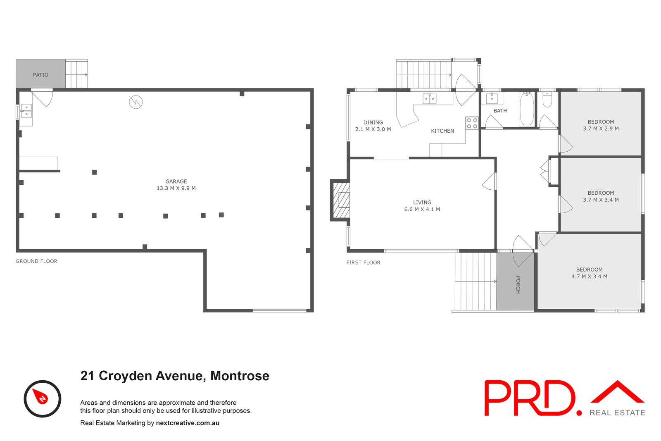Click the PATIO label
[40, 75]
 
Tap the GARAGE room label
[176, 181]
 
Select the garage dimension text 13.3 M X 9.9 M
[176, 188]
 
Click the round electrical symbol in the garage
[136, 102]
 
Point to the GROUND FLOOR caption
[36, 261]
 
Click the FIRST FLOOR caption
[363, 262]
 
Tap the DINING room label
[373, 122]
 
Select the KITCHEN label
[442, 131]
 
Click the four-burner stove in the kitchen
[472, 123]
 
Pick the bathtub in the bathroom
[526, 109]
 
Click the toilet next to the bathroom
[547, 100]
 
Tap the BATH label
[500, 111]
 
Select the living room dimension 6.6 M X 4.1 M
[422, 210]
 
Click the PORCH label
[518, 284]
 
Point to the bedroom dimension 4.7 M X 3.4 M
[589, 277]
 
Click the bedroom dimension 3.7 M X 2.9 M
[601, 129]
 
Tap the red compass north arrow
[41, 397]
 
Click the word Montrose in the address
[240, 376]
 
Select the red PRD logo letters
[530, 398]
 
